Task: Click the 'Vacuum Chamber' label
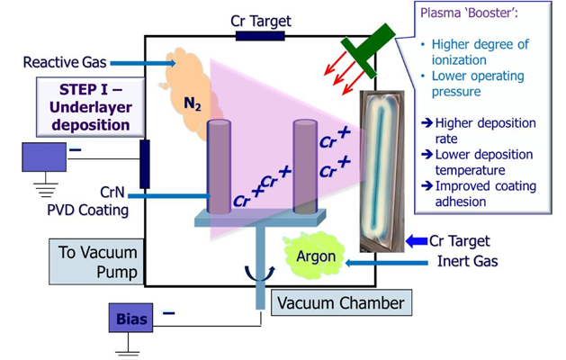click(341, 302)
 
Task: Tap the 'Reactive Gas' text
click(65, 63)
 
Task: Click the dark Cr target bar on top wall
click(260, 36)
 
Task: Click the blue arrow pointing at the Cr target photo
click(414, 241)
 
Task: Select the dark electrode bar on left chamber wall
click(145, 164)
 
